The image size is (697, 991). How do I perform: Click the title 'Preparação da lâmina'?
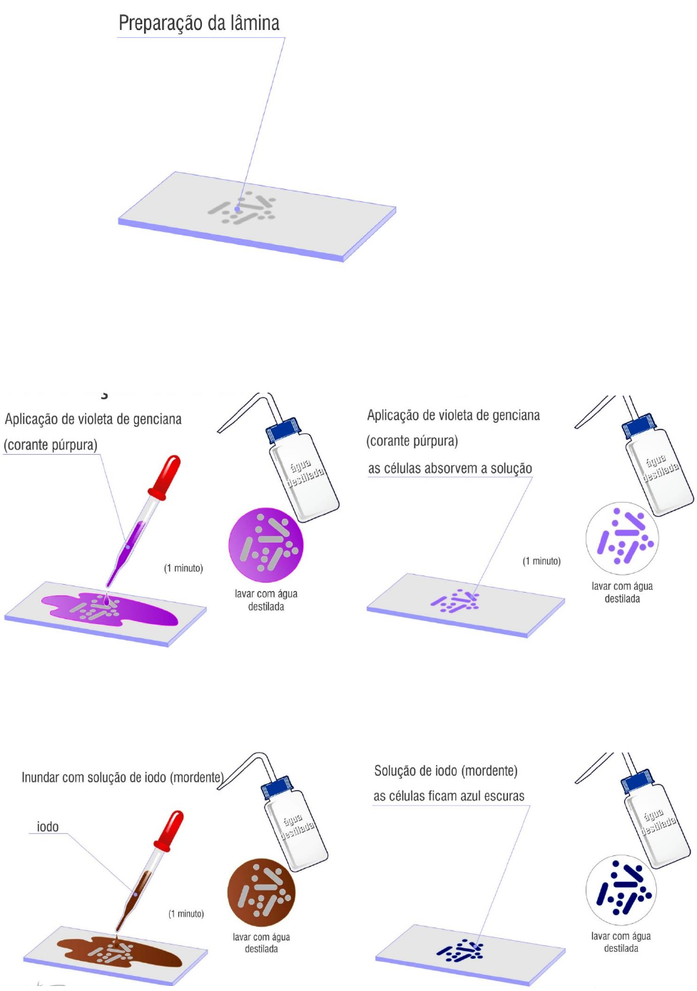[199, 23]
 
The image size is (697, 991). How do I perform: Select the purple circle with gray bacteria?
[265, 545]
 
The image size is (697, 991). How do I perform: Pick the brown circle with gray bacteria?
[261, 892]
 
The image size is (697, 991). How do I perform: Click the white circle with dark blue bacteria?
[621, 890]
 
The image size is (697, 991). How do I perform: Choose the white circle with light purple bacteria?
[622, 538]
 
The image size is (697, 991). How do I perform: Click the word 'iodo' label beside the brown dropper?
[47, 826]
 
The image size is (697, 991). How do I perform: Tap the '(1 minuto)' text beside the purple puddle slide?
[183, 568]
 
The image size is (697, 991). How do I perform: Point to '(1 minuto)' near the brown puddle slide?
[186, 914]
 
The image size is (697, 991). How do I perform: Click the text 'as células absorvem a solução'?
[450, 468]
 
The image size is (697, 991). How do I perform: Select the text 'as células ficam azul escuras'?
[449, 796]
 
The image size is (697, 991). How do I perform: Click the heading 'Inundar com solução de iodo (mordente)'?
[123, 777]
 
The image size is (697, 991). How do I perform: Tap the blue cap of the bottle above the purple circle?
[283, 430]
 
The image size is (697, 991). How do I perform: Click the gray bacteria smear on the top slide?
[243, 208]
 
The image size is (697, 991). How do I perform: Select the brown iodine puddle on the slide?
[119, 952]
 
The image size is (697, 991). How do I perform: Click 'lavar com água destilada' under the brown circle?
[261, 942]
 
